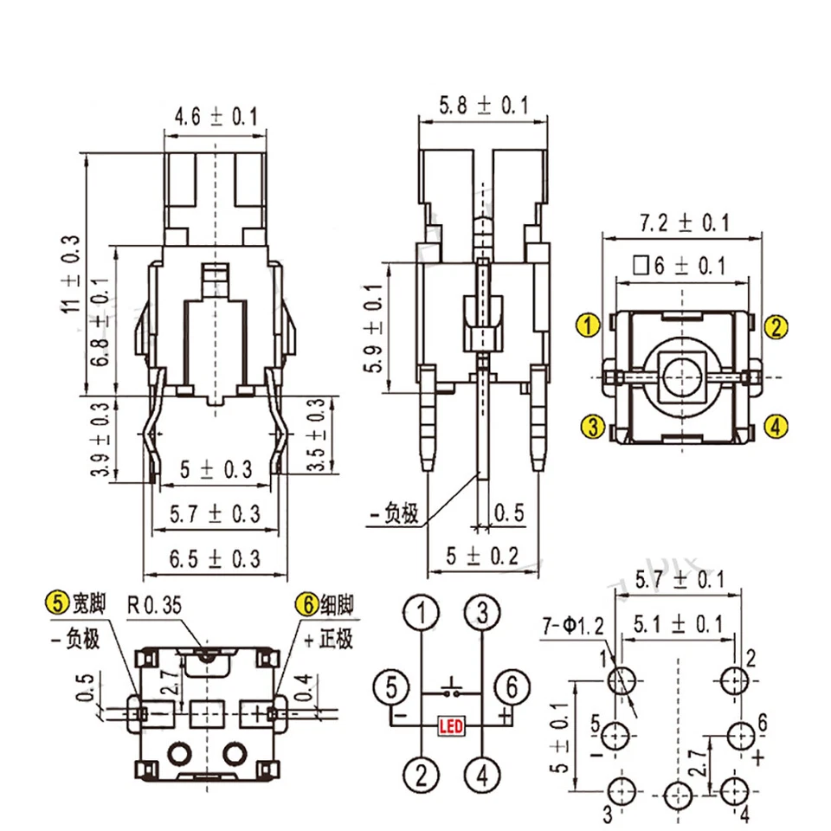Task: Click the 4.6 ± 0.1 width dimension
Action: click(216, 116)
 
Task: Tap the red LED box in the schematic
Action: click(451, 725)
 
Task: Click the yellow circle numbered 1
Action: click(589, 326)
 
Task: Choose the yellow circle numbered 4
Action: click(776, 426)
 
